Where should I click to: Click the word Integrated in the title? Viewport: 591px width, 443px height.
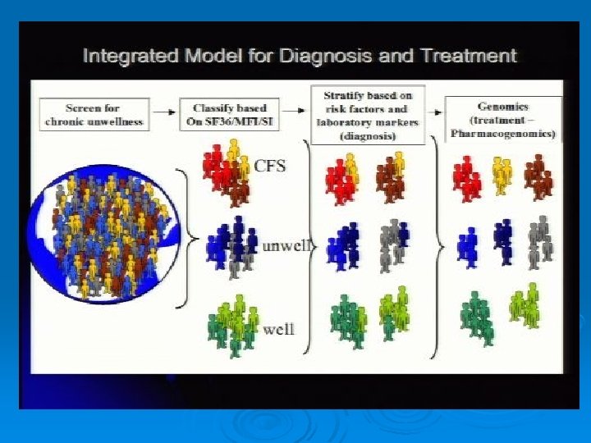tap(134, 57)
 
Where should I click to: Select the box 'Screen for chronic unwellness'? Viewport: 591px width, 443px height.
tap(94, 114)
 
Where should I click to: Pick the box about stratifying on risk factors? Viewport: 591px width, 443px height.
tap(367, 115)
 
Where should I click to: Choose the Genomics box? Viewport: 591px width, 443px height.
tap(503, 119)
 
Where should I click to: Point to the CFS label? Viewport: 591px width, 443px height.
tap(269, 166)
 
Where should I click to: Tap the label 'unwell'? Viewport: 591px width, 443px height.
tap(284, 245)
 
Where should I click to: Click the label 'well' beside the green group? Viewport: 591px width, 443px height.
tap(278, 330)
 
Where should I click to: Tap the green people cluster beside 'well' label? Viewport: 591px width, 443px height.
tap(232, 326)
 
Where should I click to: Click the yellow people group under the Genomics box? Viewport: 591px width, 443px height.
tap(502, 174)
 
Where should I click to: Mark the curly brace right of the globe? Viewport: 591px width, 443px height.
tap(188, 238)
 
